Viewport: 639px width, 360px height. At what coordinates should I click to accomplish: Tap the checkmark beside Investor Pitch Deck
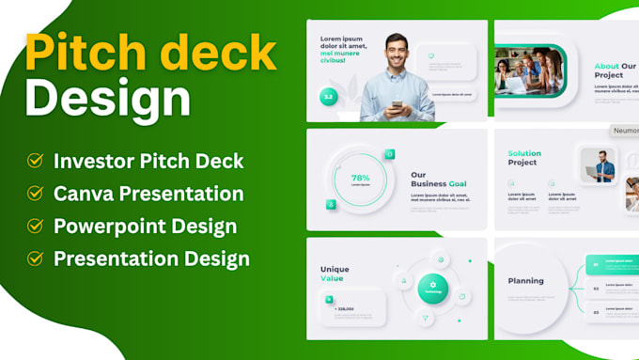36,161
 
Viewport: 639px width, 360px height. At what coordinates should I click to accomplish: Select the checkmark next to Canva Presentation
36,194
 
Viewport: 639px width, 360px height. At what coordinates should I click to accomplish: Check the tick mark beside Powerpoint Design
36,227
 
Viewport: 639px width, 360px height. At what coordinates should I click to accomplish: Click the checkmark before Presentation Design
36,258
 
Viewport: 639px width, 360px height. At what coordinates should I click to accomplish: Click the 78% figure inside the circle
361,177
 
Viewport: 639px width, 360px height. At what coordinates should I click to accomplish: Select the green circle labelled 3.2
328,97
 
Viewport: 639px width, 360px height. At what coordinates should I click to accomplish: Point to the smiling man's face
397,46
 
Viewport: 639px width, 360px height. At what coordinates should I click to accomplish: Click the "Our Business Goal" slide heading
438,179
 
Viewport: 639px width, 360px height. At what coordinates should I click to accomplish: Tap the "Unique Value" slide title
335,273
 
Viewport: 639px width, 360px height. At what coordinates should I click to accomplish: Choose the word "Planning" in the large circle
525,280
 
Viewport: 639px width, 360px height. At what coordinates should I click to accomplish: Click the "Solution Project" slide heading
524,157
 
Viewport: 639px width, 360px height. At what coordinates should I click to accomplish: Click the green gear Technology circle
433,288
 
